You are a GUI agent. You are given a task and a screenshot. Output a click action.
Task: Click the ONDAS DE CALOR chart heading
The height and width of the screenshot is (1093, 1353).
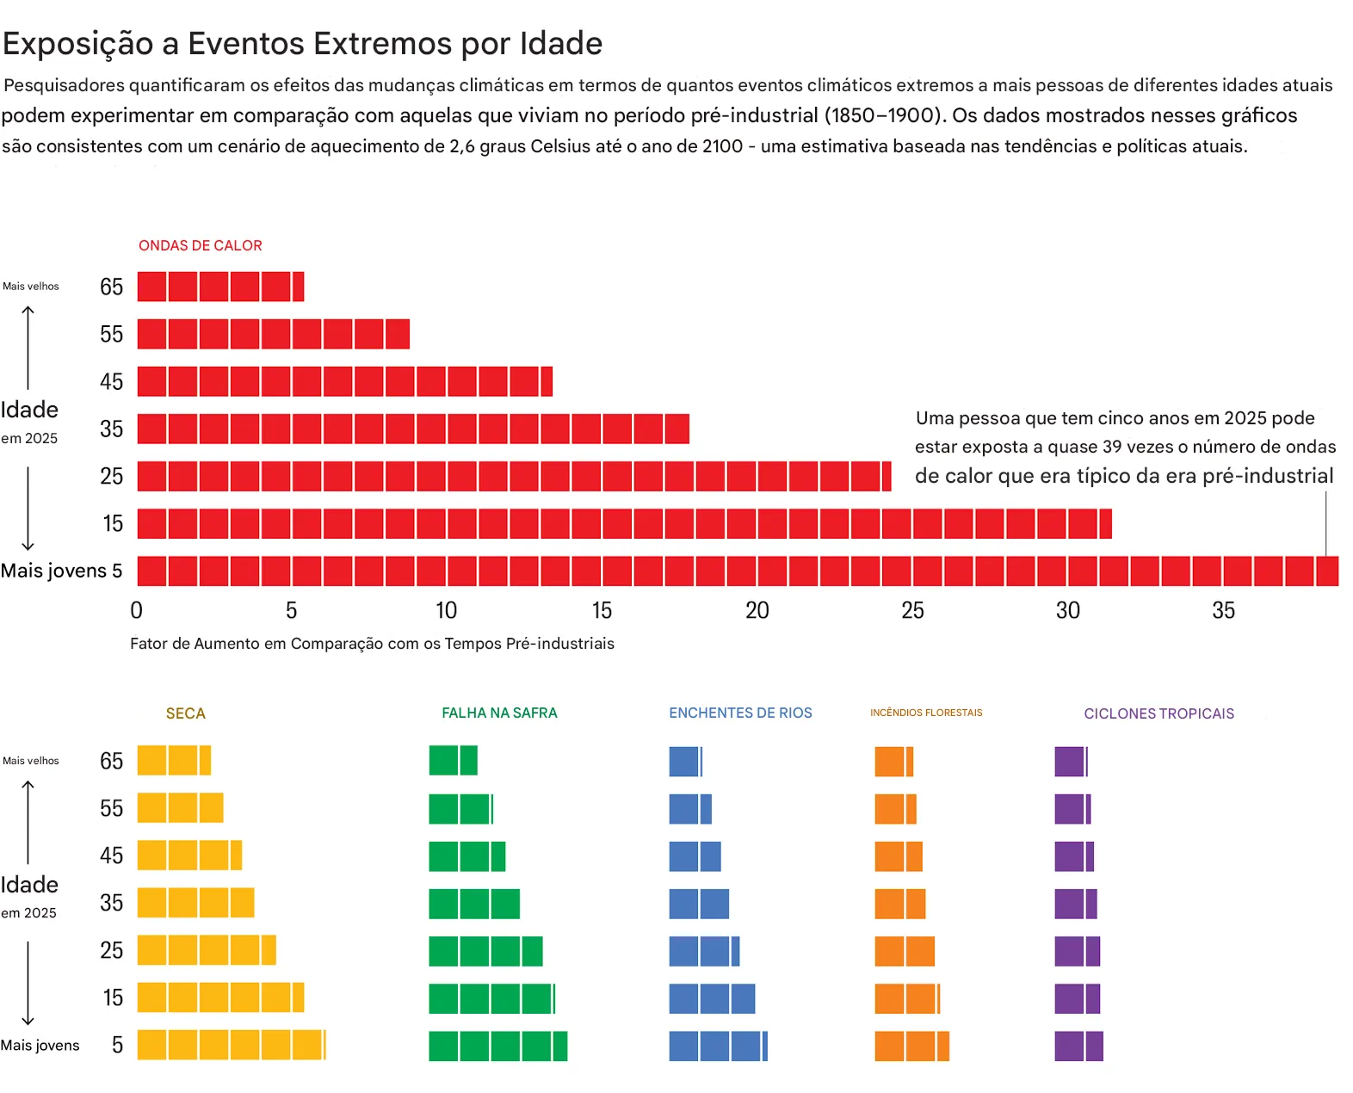pos(200,245)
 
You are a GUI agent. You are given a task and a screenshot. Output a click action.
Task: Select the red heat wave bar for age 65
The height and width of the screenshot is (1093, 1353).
pos(220,287)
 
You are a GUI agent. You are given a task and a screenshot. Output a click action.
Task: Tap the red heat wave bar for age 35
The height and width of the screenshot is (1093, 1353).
pos(413,429)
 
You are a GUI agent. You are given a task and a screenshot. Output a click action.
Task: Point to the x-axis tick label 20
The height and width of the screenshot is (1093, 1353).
pos(757,610)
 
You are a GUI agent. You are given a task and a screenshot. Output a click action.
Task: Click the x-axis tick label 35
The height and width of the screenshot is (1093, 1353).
pos(1223,610)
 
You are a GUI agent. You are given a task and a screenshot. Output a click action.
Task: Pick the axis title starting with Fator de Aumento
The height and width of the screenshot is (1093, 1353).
pos(372,644)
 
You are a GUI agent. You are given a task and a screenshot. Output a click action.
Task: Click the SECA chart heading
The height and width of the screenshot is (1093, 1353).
pos(185,713)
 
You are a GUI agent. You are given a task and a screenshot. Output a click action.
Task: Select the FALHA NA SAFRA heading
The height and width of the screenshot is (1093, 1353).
pos(499,713)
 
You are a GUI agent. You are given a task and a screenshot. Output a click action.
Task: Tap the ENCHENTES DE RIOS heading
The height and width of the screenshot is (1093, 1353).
pos(740,713)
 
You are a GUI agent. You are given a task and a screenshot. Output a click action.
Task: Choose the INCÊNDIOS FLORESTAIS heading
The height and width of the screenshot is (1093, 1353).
pos(926,713)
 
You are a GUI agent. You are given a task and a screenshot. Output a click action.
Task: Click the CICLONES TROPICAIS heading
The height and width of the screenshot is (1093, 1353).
pos(1158,713)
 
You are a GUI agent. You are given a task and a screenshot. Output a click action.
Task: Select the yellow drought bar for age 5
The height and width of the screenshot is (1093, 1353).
pos(231,1045)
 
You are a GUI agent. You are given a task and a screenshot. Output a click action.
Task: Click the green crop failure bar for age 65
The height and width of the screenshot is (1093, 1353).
pos(453,761)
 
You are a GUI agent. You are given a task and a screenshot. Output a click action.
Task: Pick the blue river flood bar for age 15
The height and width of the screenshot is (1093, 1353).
pos(712,998)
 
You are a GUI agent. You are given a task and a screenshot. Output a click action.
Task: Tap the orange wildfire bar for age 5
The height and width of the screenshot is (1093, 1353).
pos(911,1046)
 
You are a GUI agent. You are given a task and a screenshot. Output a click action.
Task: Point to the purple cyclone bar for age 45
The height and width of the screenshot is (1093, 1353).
pos(1074,856)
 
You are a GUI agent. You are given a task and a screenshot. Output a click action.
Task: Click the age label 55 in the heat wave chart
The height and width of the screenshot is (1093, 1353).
pos(111,334)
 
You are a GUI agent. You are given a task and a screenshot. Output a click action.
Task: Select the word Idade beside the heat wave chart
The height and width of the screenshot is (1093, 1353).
pos(29,410)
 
